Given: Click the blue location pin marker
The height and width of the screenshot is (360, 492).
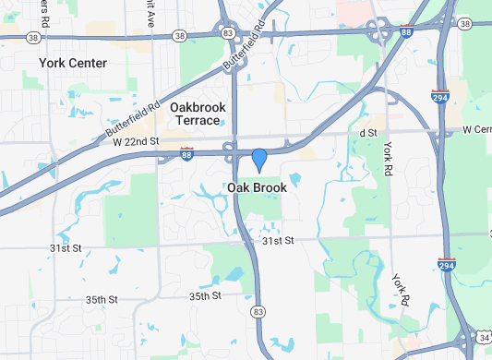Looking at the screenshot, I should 259,160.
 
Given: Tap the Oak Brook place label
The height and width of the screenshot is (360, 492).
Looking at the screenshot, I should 257,187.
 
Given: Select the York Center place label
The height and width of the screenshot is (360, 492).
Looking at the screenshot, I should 73,63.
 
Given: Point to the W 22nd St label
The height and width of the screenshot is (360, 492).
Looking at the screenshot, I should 137,140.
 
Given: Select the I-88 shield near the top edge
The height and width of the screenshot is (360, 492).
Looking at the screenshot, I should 406,31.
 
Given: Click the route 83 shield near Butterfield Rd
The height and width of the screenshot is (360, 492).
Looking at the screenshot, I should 228,32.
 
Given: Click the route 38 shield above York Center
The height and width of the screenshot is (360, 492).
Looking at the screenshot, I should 34,38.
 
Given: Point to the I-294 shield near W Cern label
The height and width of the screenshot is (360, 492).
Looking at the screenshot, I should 440,95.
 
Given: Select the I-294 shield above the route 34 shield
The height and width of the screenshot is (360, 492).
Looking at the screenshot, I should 446,265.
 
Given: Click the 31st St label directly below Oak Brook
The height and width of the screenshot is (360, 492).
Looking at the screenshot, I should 277,240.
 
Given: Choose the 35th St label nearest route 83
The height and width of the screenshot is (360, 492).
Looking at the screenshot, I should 206,296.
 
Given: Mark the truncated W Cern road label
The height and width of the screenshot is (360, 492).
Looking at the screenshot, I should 476,130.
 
